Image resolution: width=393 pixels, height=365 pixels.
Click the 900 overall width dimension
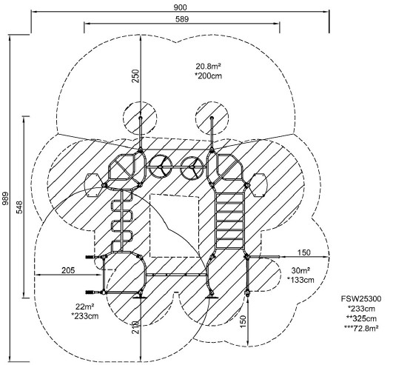[x=180, y=7]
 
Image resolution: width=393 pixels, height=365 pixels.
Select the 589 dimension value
[x=182, y=19]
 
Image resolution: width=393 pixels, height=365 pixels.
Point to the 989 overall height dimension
[x=5, y=198]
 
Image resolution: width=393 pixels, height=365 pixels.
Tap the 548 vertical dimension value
[x=19, y=207]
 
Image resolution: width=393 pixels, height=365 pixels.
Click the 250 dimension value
[x=135, y=76]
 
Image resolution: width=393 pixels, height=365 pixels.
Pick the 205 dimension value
[x=68, y=270]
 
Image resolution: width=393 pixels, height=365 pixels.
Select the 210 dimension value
[x=135, y=327]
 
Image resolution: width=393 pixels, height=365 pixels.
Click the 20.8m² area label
[x=208, y=67]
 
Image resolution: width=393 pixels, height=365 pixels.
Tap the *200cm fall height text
[x=208, y=76]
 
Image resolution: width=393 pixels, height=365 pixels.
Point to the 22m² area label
[x=84, y=307]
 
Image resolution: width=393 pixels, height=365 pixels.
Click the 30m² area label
[x=300, y=270]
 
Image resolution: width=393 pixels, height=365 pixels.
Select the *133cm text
[x=300, y=280]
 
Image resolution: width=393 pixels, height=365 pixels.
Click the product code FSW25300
[x=361, y=299]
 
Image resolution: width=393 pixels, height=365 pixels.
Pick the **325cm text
[x=361, y=318]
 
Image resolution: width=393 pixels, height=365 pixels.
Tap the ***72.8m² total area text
[x=361, y=328]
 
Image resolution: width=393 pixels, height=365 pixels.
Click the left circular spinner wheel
[x=161, y=167]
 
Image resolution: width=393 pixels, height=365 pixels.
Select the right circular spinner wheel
[x=193, y=167]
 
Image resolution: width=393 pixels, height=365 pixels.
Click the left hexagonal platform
[x=94, y=185]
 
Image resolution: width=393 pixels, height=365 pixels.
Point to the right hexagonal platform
[x=258, y=185]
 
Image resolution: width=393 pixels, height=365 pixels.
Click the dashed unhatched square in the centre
[x=175, y=226]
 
